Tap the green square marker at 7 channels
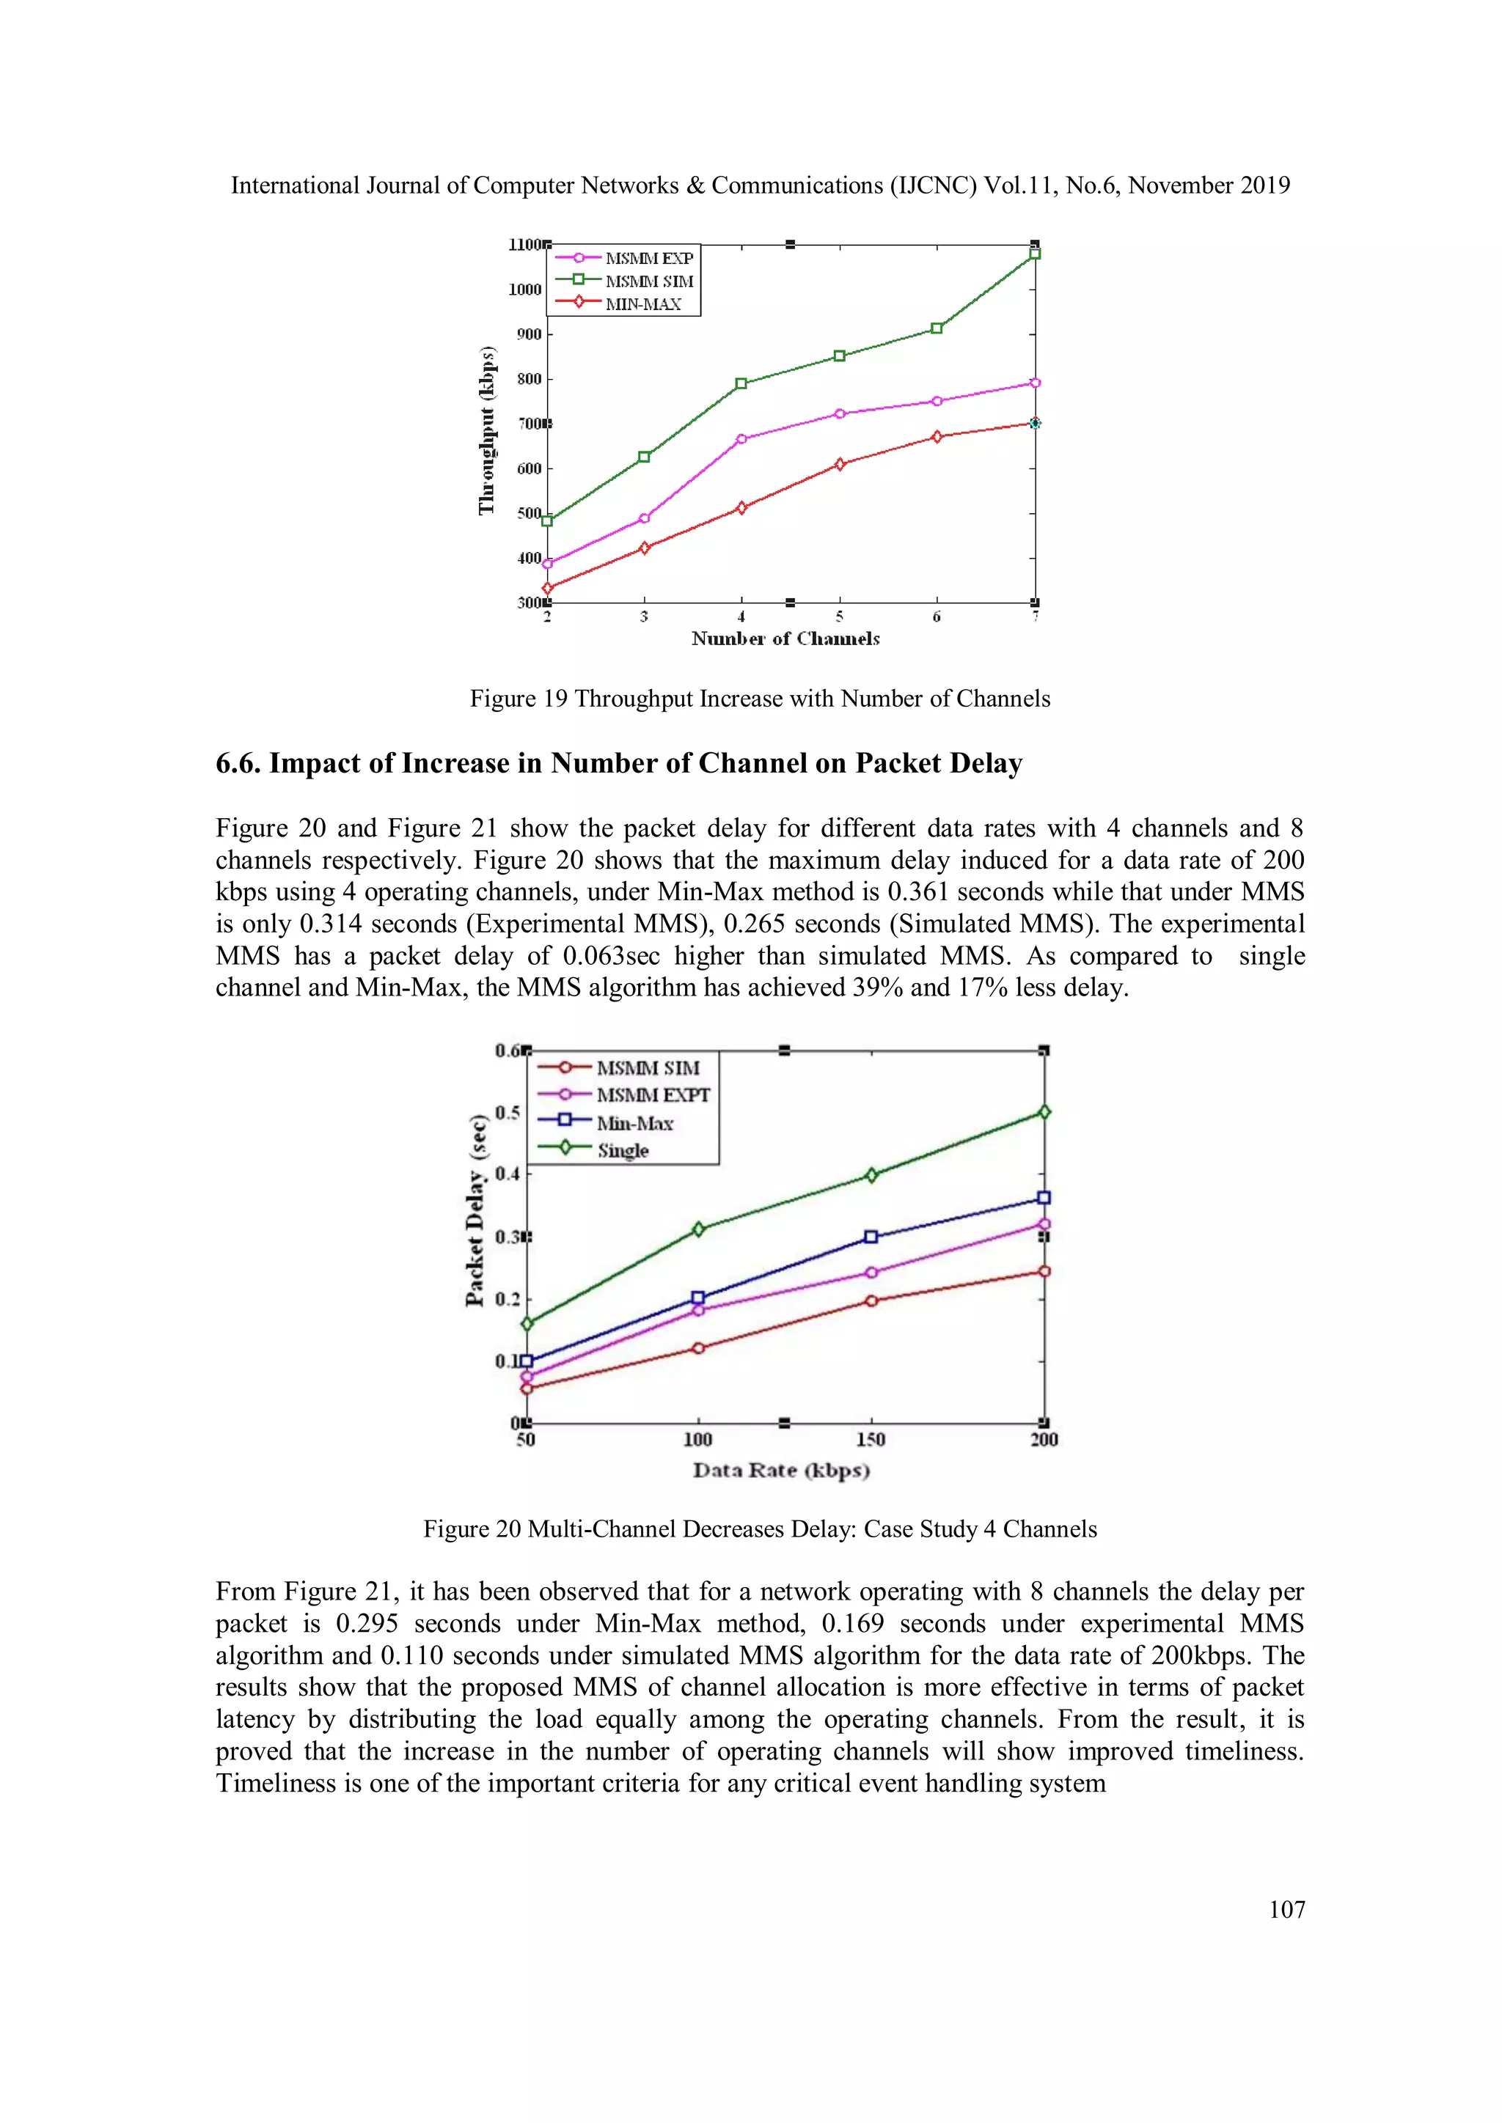[1035, 254]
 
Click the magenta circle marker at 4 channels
[741, 439]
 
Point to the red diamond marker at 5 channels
[840, 464]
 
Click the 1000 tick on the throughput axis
[524, 290]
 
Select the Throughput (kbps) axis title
[486, 430]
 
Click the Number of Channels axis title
[785, 639]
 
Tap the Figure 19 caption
[759, 699]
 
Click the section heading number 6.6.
[238, 764]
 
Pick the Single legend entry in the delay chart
[623, 1151]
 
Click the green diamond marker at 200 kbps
[1044, 1112]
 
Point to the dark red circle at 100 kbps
[698, 1348]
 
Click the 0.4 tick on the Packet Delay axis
[507, 1174]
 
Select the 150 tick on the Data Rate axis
[871, 1440]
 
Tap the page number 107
[1286, 1910]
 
